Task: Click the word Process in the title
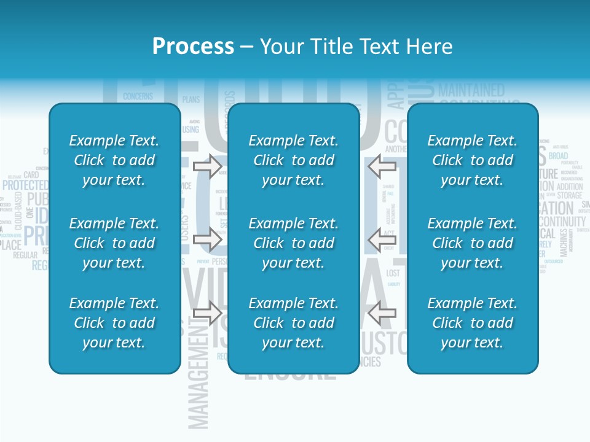[193, 46]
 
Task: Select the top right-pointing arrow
[208, 165]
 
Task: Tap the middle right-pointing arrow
[208, 238]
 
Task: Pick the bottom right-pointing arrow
[208, 312]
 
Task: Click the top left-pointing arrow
[382, 165]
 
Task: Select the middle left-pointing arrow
[382, 238]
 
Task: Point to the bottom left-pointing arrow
[382, 312]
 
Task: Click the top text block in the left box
[114, 160]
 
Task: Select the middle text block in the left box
[114, 243]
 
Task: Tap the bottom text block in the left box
[114, 323]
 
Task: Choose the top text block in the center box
[294, 160]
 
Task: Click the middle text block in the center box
[294, 243]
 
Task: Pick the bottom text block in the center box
[294, 323]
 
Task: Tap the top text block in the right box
[473, 160]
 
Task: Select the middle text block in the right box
[473, 243]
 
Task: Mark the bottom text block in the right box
[473, 323]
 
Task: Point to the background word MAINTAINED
[471, 90]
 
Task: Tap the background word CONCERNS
[138, 96]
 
